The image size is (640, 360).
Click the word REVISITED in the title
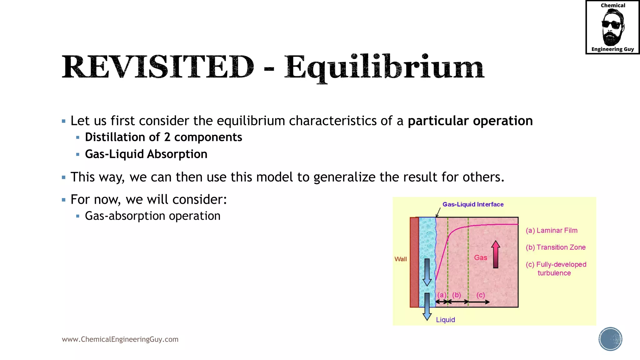click(158, 67)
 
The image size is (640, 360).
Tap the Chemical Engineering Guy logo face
click(612, 27)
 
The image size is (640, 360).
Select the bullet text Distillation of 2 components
click(163, 137)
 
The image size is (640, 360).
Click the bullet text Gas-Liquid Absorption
click(146, 154)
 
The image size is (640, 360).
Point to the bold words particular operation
click(470, 121)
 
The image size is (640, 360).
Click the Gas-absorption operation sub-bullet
click(152, 216)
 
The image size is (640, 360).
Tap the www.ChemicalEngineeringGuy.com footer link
click(120, 339)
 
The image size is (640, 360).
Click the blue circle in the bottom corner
click(610, 339)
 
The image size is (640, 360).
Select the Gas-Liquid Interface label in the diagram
click(473, 204)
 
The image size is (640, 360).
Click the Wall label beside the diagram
click(401, 259)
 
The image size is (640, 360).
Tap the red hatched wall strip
click(414, 262)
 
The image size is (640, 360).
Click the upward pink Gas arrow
click(496, 254)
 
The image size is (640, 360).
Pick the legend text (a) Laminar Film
click(552, 231)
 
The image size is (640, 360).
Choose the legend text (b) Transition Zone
click(556, 247)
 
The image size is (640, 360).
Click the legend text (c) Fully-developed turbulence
click(556, 268)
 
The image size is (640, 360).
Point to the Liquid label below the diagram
click(445, 320)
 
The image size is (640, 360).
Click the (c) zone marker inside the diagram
click(481, 295)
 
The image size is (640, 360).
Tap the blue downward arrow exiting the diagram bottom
click(427, 307)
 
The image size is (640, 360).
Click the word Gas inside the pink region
click(480, 258)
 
